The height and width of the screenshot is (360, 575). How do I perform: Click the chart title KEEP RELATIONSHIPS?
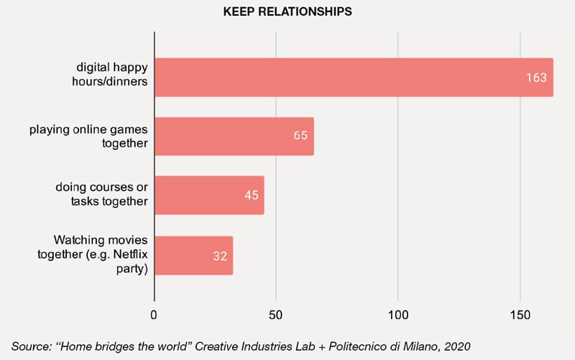pos(287,11)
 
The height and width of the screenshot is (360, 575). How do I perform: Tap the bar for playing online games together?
pos(234,136)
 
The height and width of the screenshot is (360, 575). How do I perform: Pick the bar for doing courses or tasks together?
pos(209,195)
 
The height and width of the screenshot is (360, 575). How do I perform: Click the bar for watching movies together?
pos(193,254)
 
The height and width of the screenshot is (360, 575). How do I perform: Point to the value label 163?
pos(536,77)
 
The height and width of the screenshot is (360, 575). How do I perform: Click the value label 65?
pos(301,136)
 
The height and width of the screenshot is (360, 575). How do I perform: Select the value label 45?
pos(252,195)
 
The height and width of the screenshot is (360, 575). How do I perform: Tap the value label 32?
pos(220,255)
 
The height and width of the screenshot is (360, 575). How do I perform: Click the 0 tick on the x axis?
pos(154,315)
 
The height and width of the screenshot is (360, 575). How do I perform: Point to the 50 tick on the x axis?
pos(276,315)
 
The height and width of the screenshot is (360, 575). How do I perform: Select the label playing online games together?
pos(88,136)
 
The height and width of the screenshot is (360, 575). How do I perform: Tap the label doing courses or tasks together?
pos(102,195)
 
